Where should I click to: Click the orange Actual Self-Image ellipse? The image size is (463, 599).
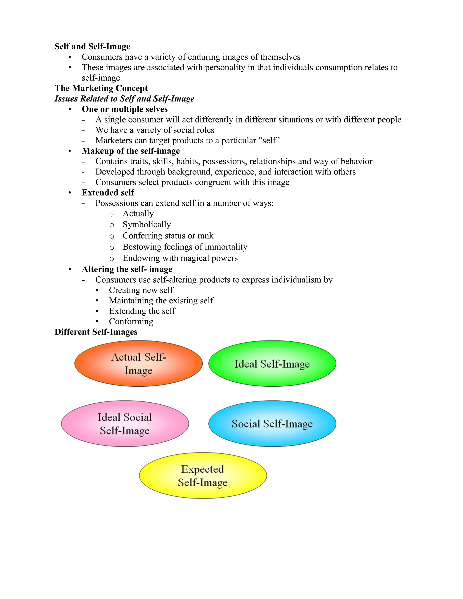pos(139,363)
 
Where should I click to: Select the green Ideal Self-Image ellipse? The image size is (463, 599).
pos(272,363)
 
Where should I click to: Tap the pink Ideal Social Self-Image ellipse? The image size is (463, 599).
pos(125,424)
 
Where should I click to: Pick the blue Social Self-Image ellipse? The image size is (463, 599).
pos(272,424)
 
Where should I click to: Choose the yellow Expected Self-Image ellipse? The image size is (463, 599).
pos(203,476)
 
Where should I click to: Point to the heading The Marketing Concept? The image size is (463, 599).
pos(101,88)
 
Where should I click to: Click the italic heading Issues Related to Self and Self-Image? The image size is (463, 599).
pos(125,99)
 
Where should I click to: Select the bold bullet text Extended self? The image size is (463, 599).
pos(108,193)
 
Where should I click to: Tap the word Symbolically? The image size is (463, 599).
pos(147,225)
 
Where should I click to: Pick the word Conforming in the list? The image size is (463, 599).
pos(131,321)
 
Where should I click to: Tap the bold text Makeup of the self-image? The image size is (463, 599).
pos(131,151)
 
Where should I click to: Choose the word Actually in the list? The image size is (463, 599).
pos(138,213)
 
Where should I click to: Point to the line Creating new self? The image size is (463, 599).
pos(141,290)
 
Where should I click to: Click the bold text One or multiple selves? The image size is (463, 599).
pos(125,109)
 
